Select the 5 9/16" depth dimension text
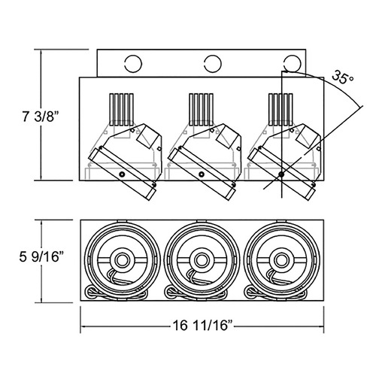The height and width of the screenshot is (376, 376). click(x=41, y=256)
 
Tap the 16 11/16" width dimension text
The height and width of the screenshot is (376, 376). click(x=202, y=326)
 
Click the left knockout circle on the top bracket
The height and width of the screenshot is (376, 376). click(x=133, y=64)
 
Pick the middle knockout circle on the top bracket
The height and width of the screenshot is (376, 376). click(x=213, y=64)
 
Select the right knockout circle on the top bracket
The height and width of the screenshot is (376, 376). click(x=292, y=64)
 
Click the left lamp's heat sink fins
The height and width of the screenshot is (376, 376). click(x=121, y=110)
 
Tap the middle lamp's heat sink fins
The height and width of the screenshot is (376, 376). click(x=201, y=110)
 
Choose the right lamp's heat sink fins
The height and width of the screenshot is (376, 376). click(x=280, y=110)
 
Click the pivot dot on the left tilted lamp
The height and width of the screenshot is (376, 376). click(x=122, y=174)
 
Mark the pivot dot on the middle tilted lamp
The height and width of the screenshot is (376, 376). click(x=202, y=174)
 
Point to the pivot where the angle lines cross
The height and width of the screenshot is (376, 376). click(x=282, y=174)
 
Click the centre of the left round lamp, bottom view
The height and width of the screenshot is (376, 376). click(x=122, y=260)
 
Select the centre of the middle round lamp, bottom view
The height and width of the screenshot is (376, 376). click(x=202, y=260)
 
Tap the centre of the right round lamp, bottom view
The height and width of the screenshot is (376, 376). click(x=281, y=260)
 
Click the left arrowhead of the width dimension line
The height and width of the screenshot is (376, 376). click(x=83, y=326)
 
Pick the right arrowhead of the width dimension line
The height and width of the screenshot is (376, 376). click(x=321, y=326)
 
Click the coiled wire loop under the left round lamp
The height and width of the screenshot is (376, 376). click(x=91, y=292)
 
